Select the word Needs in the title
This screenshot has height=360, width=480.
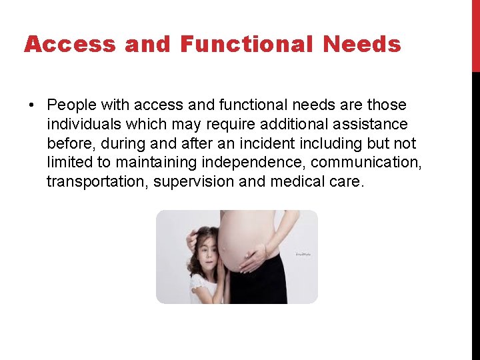pyautogui.click(x=362, y=45)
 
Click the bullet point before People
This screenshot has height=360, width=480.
pyautogui.click(x=31, y=105)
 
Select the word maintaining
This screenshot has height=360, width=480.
pyautogui.click(x=155, y=163)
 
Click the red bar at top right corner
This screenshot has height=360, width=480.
pyautogui.click(x=475, y=36)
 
